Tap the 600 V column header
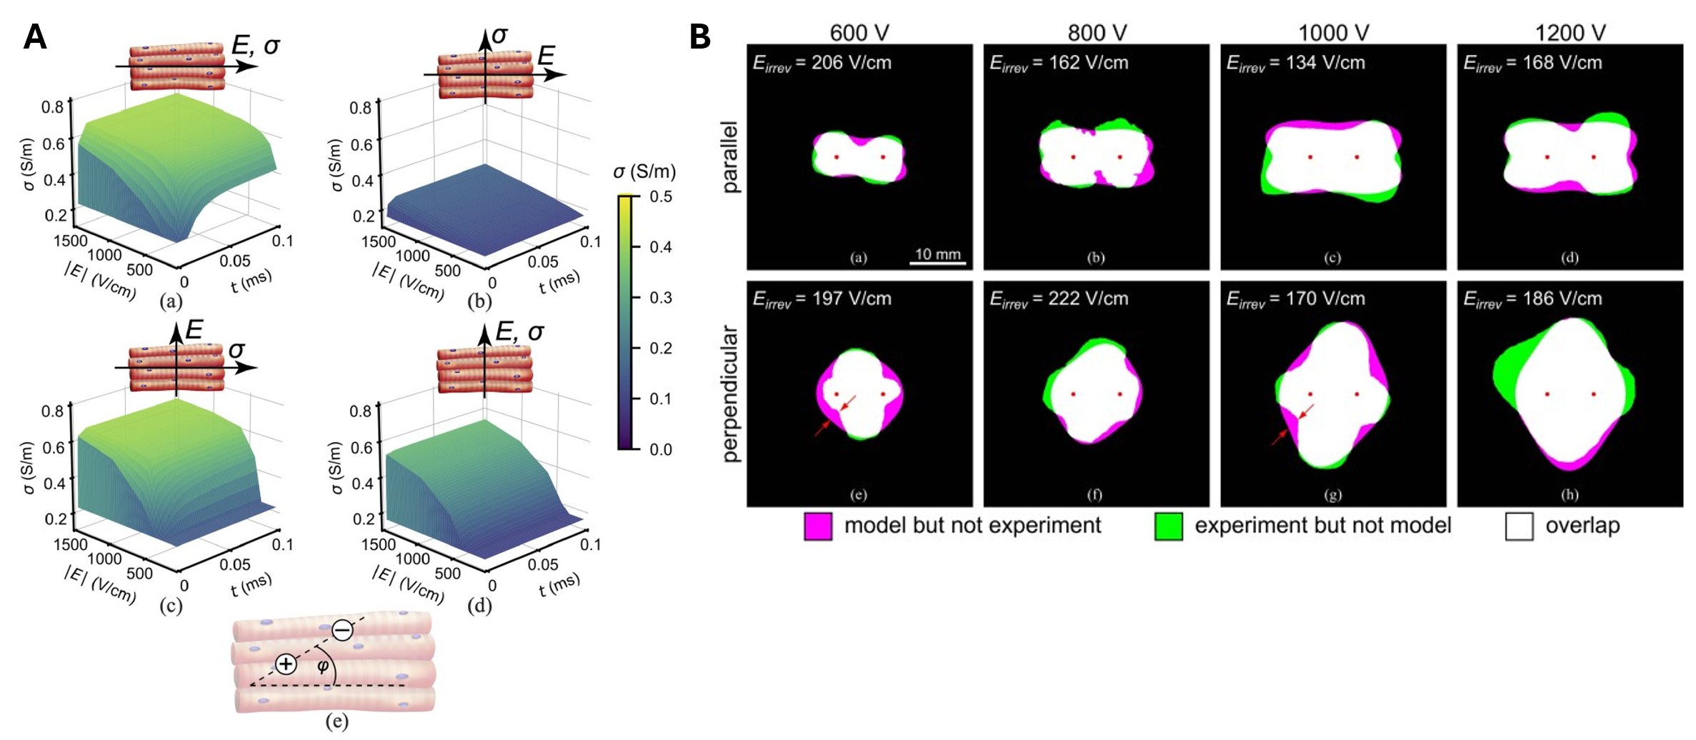pos(859,33)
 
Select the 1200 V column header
pos(1570,33)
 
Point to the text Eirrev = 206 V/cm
pos(822,63)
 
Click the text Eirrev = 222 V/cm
pos(1059,299)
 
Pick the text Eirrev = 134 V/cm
pos(1295,63)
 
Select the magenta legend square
pos(818,526)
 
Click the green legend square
pos(1168,526)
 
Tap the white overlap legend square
pos(1519,526)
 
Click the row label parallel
pos(729,157)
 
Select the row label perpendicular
pos(729,394)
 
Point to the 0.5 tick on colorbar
pos(661,196)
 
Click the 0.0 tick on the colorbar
pos(661,449)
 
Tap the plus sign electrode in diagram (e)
pos(286,664)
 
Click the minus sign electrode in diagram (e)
pos(343,630)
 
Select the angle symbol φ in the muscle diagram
pos(323,666)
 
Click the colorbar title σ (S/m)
pos(644,171)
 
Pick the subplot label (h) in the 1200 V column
pos(1570,494)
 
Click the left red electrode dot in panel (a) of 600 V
pos(837,157)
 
